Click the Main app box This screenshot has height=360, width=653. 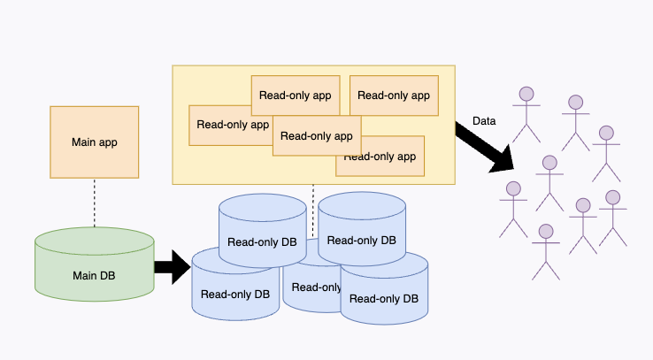click(94, 142)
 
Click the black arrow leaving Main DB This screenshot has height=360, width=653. click(172, 266)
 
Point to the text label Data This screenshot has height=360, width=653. click(484, 121)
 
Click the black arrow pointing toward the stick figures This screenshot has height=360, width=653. click(485, 146)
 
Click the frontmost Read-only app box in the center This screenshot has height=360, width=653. click(316, 135)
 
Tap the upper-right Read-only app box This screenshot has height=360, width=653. click(393, 96)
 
